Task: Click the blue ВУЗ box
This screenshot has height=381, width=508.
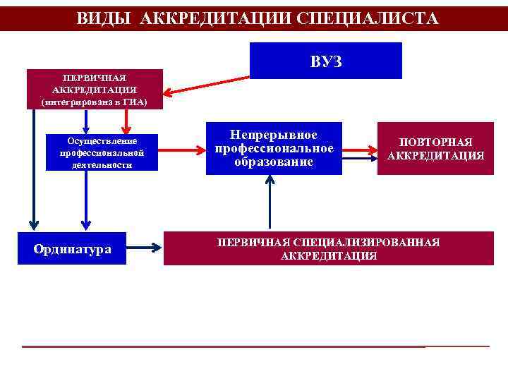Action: pos(326,61)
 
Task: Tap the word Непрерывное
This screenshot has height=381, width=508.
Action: pos(274,135)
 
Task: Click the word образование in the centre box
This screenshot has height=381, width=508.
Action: pos(274,163)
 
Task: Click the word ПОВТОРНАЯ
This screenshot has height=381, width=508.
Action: pos(435,142)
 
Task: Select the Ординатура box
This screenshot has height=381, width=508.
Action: pos(72,248)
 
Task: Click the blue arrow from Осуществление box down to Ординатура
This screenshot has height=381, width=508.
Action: pos(85,201)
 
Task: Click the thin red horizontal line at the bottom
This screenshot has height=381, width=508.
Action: pos(254,346)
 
